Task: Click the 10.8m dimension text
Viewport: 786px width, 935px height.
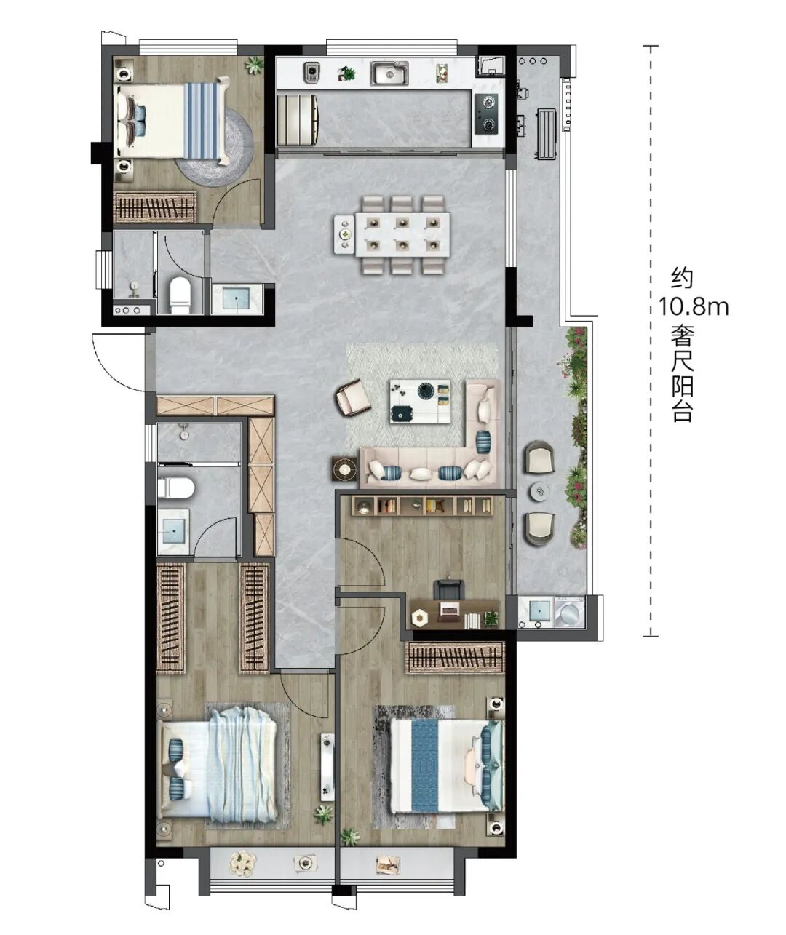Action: (x=694, y=308)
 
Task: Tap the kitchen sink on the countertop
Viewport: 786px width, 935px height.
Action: (x=389, y=73)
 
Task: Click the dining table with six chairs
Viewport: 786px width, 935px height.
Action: (x=392, y=234)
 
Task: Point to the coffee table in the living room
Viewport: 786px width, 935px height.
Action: (x=420, y=401)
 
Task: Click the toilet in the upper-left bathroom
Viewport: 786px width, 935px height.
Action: (x=180, y=294)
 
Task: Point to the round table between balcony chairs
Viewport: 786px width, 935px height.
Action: (x=541, y=491)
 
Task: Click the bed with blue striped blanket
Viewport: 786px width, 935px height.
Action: (x=174, y=121)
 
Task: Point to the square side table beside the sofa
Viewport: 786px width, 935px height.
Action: (x=345, y=469)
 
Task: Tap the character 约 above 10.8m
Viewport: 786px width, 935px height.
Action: (x=682, y=279)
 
